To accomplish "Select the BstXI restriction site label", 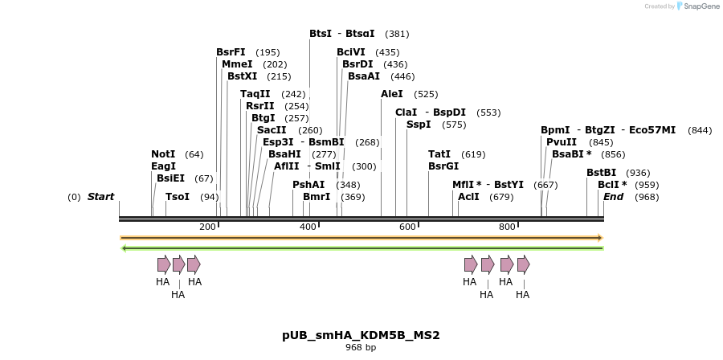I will tap(242, 76).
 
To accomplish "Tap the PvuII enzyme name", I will tap(562, 142).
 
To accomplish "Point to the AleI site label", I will tap(392, 94).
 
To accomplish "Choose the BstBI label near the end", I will tap(601, 173).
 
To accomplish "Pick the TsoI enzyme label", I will tap(178, 197).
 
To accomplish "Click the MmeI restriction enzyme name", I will tap(237, 64).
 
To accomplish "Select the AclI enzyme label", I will tap(468, 197).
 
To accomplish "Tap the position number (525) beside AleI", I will tap(426, 94).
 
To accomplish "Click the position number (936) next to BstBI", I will tap(638, 173).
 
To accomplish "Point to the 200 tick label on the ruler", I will tap(207, 227).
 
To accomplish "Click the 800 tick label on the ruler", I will tap(507, 227).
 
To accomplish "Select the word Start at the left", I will tap(100, 197).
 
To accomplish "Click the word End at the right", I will tap(613, 197).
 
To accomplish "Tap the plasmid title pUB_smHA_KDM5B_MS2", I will tap(361, 335).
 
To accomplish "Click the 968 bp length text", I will tap(361, 348).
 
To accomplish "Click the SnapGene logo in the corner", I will tap(697, 6).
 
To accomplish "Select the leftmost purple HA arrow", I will tap(164, 264).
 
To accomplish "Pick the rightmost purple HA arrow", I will tap(524, 264).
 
